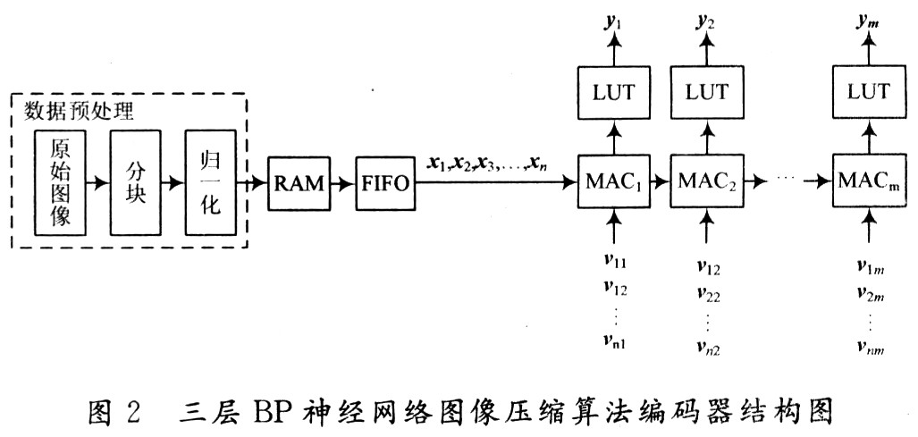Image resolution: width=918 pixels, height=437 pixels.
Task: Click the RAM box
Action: tap(299, 184)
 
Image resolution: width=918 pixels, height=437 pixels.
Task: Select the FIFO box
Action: tap(383, 184)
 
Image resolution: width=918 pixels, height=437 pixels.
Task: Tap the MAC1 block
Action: tap(613, 184)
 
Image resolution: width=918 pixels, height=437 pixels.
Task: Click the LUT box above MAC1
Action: tap(613, 92)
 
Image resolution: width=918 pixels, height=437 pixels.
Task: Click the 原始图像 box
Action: tap(60, 182)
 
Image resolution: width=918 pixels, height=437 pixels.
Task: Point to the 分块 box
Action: tap(136, 182)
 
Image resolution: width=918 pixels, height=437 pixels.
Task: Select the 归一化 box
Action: tap(211, 182)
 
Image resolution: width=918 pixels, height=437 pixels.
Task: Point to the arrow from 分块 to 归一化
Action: tap(173, 182)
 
